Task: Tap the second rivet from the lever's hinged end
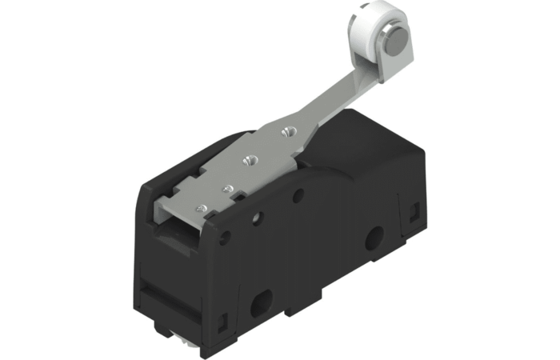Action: [x=228, y=189]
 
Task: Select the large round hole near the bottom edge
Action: [x=260, y=304]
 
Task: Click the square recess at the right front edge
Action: [x=415, y=211]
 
